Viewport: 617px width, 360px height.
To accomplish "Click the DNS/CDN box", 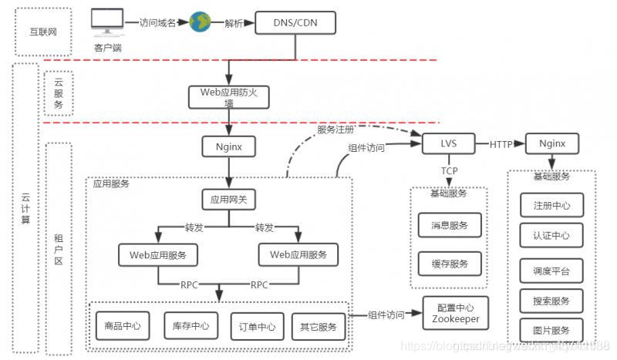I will pyautogui.click(x=295, y=24).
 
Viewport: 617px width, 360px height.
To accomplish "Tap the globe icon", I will pyautogui.click(x=200, y=22).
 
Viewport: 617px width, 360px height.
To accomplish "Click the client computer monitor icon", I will pyautogui.click(x=107, y=23).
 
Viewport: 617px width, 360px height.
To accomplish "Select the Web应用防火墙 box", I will pyautogui.click(x=228, y=97).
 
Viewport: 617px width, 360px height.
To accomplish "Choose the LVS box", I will pyautogui.click(x=448, y=143).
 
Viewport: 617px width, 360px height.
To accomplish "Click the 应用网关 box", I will pyautogui.click(x=228, y=200).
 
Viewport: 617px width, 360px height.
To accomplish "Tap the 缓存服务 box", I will pyautogui.click(x=450, y=264).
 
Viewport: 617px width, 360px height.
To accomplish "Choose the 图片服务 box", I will pyautogui.click(x=551, y=329).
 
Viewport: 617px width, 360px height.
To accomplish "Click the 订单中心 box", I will pyautogui.click(x=253, y=326).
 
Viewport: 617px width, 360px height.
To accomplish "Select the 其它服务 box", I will pyautogui.click(x=316, y=326).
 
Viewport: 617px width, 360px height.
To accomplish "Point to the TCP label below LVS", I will pyautogui.click(x=450, y=170).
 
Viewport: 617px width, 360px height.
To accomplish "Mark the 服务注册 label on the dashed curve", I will pyautogui.click(x=337, y=129).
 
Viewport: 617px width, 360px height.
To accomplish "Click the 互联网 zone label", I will pyautogui.click(x=42, y=33).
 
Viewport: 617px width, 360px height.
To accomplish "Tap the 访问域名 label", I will pyautogui.click(x=158, y=22).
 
